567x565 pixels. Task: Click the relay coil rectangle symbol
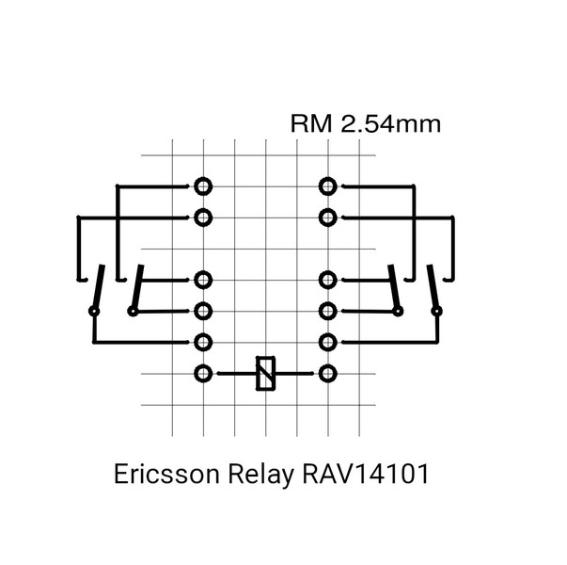(x=265, y=374)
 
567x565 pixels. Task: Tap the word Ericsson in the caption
(x=166, y=474)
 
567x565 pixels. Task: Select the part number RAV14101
(x=366, y=474)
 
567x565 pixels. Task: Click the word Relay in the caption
(x=260, y=475)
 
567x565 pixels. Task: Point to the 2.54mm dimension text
(x=391, y=124)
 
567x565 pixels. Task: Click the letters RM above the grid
(x=311, y=124)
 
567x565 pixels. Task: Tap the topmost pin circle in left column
(x=203, y=186)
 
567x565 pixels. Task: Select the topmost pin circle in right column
(x=327, y=186)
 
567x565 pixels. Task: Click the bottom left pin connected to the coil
(x=203, y=374)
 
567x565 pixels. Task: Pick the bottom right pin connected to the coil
(x=327, y=374)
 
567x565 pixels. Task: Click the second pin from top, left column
(x=203, y=218)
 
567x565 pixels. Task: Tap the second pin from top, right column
(x=327, y=218)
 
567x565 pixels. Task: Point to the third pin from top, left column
(x=203, y=280)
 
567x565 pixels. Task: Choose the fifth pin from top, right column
(x=327, y=342)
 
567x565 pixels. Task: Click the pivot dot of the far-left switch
(x=94, y=311)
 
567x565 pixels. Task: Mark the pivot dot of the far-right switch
(x=437, y=311)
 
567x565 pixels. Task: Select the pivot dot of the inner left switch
(x=133, y=311)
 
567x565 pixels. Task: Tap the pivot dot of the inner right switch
(x=398, y=311)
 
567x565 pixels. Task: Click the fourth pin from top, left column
(x=203, y=311)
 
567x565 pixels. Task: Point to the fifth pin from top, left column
(x=203, y=342)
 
